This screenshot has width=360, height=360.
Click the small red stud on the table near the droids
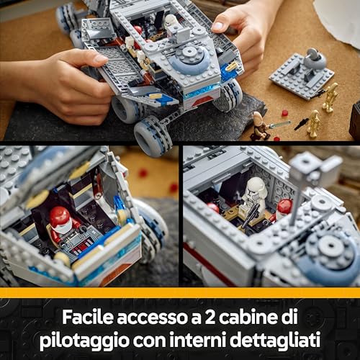284,113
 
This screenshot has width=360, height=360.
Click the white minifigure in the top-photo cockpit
171,24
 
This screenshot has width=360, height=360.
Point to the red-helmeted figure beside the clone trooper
284,210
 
